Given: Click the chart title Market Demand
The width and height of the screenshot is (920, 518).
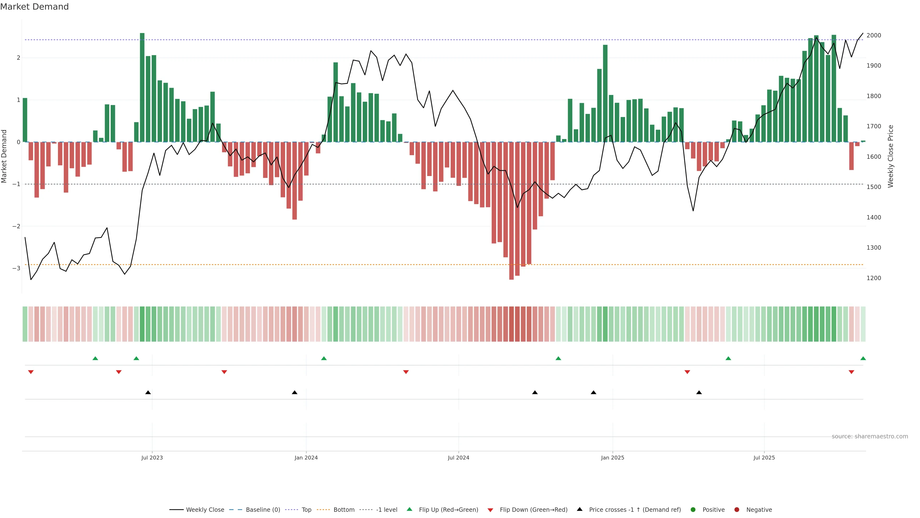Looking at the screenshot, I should click(34, 7).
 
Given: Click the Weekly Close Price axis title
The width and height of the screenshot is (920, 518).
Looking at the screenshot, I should click(890, 156).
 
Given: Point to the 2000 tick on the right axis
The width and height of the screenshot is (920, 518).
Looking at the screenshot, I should click(874, 35).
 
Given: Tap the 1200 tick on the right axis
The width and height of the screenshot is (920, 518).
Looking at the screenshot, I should click(874, 278).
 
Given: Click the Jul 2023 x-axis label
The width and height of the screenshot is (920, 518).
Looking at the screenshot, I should click(152, 458).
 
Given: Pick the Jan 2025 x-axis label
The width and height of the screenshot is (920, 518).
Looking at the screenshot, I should click(613, 458).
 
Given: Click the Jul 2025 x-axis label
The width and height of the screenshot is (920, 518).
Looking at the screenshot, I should click(764, 458).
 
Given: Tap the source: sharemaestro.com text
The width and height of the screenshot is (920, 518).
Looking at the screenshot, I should click(870, 436).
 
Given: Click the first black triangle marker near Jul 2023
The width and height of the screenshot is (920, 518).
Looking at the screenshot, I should click(148, 393).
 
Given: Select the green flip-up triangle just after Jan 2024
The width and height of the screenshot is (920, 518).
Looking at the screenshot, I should click(324, 358).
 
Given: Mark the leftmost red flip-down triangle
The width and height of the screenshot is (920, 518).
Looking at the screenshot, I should click(31, 372).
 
